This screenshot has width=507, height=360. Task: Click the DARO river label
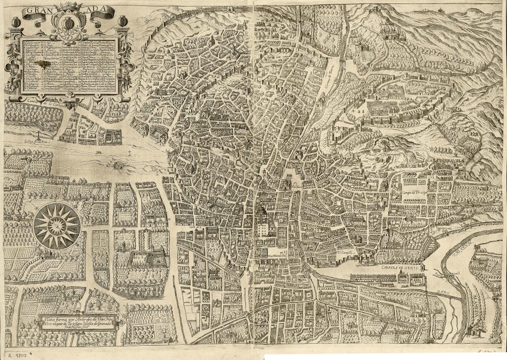pos(445,293)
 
